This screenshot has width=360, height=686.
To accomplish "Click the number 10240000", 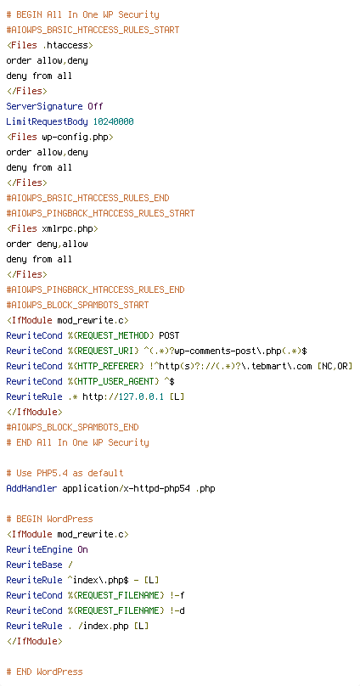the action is pos(113,121).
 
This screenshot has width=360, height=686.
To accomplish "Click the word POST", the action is pos(169,335).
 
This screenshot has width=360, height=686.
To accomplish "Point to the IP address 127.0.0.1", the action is pos(142,396).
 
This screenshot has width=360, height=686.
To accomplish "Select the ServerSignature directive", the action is pos(45,106).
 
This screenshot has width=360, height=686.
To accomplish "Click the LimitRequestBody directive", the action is pos(47,121).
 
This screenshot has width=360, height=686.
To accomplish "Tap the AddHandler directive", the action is pos(31,488).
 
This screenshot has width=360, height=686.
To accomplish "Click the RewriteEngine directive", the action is pos(39,549).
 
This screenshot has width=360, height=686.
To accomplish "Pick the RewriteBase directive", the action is pos(34,565).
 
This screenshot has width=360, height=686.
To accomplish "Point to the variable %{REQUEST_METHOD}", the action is pos(110,335).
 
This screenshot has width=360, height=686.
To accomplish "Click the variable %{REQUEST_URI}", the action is pos(100,351).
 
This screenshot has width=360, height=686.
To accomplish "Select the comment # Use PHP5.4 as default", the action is pos(65,473).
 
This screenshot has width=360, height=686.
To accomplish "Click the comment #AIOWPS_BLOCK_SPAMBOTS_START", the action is pos(77,305).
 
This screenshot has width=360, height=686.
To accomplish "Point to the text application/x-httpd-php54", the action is pos(127,488).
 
